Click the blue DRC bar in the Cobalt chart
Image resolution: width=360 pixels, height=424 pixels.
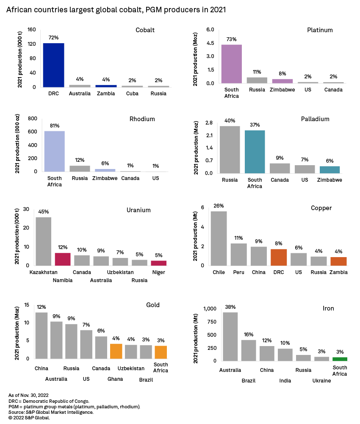pos(53,65)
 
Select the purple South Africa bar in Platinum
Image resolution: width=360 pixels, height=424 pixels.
pos(231,64)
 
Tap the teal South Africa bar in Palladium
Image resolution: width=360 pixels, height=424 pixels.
pos(255,152)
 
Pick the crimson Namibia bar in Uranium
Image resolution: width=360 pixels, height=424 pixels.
pos(63,259)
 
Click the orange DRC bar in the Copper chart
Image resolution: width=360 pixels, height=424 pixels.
pos(279,257)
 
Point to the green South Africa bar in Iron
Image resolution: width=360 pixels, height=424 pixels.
pos(340,359)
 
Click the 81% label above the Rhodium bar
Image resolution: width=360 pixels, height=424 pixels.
pos(55,126)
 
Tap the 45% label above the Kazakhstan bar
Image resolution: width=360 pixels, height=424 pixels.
pos(43,212)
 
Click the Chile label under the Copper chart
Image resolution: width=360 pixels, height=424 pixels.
pos(219,272)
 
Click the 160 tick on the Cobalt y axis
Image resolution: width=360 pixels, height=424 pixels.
pos(32,30)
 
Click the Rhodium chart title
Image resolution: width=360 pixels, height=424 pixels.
pos(142,119)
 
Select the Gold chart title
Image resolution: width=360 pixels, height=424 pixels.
pos(153,305)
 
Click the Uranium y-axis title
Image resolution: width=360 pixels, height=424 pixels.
pos(17,237)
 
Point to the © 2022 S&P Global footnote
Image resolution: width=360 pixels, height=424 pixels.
pos(29,418)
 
